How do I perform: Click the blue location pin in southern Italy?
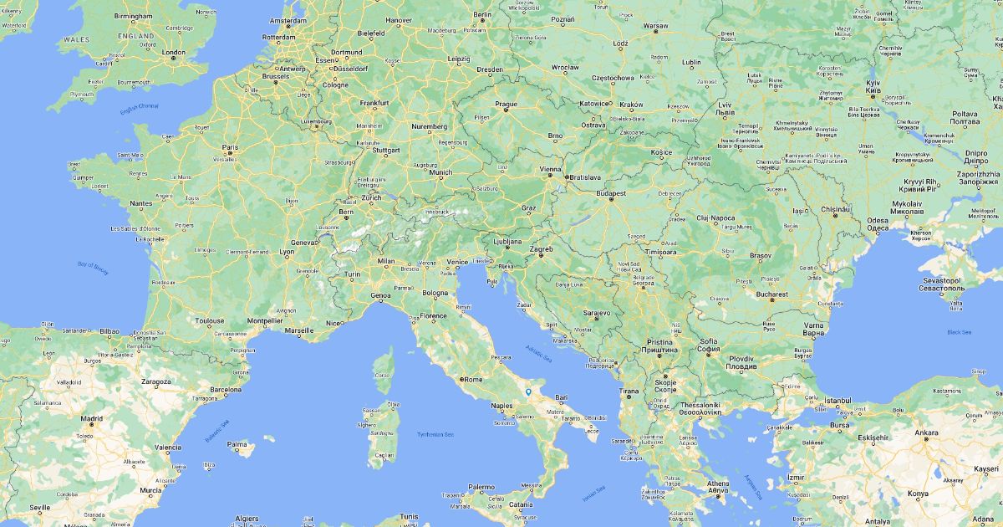click(x=528, y=391)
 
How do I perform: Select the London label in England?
click(x=174, y=53)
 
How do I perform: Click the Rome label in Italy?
click(x=473, y=379)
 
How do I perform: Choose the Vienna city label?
click(x=550, y=169)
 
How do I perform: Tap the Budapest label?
click(x=611, y=193)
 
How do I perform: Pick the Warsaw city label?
click(x=655, y=25)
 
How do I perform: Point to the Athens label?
click(x=717, y=484)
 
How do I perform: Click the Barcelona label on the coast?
click(x=226, y=390)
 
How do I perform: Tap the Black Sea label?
click(x=960, y=332)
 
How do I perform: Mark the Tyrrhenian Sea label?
click(x=436, y=434)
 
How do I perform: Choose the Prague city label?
click(x=507, y=105)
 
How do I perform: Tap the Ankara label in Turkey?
click(x=926, y=432)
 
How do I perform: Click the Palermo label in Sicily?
click(x=481, y=486)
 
